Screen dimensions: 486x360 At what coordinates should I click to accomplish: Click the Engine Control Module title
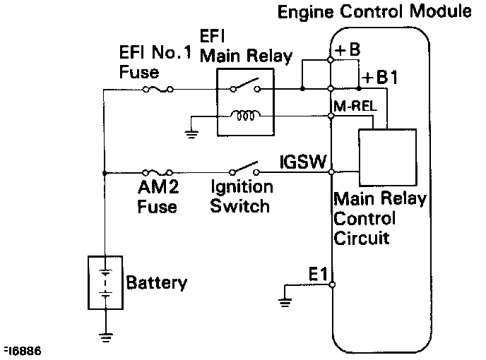point(374,12)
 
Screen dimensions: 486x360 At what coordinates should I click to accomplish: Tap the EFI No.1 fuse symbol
point(158,90)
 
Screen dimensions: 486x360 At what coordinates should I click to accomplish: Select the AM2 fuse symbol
point(157,172)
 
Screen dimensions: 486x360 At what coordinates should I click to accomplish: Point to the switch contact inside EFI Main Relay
point(245,85)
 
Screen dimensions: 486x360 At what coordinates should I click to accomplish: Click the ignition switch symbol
point(244,168)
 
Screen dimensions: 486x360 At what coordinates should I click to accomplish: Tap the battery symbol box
point(105,282)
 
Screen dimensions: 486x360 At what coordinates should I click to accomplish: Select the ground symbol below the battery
point(106,337)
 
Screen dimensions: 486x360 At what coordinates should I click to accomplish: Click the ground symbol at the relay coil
point(192,134)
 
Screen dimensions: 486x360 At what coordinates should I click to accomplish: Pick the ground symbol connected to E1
point(285,302)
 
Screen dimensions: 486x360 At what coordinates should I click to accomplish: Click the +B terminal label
point(348,49)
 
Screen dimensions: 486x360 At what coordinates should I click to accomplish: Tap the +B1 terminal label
point(380,77)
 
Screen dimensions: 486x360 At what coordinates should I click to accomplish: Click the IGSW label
point(303,162)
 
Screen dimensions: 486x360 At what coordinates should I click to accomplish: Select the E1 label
point(318,274)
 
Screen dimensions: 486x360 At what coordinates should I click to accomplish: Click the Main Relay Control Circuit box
point(387,157)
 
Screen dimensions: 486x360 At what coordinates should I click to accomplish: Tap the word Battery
point(157,282)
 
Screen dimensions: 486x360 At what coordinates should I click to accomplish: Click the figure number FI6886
point(23,351)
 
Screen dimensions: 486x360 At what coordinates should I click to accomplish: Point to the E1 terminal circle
point(332,284)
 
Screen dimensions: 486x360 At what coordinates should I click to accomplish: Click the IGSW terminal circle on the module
point(331,172)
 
